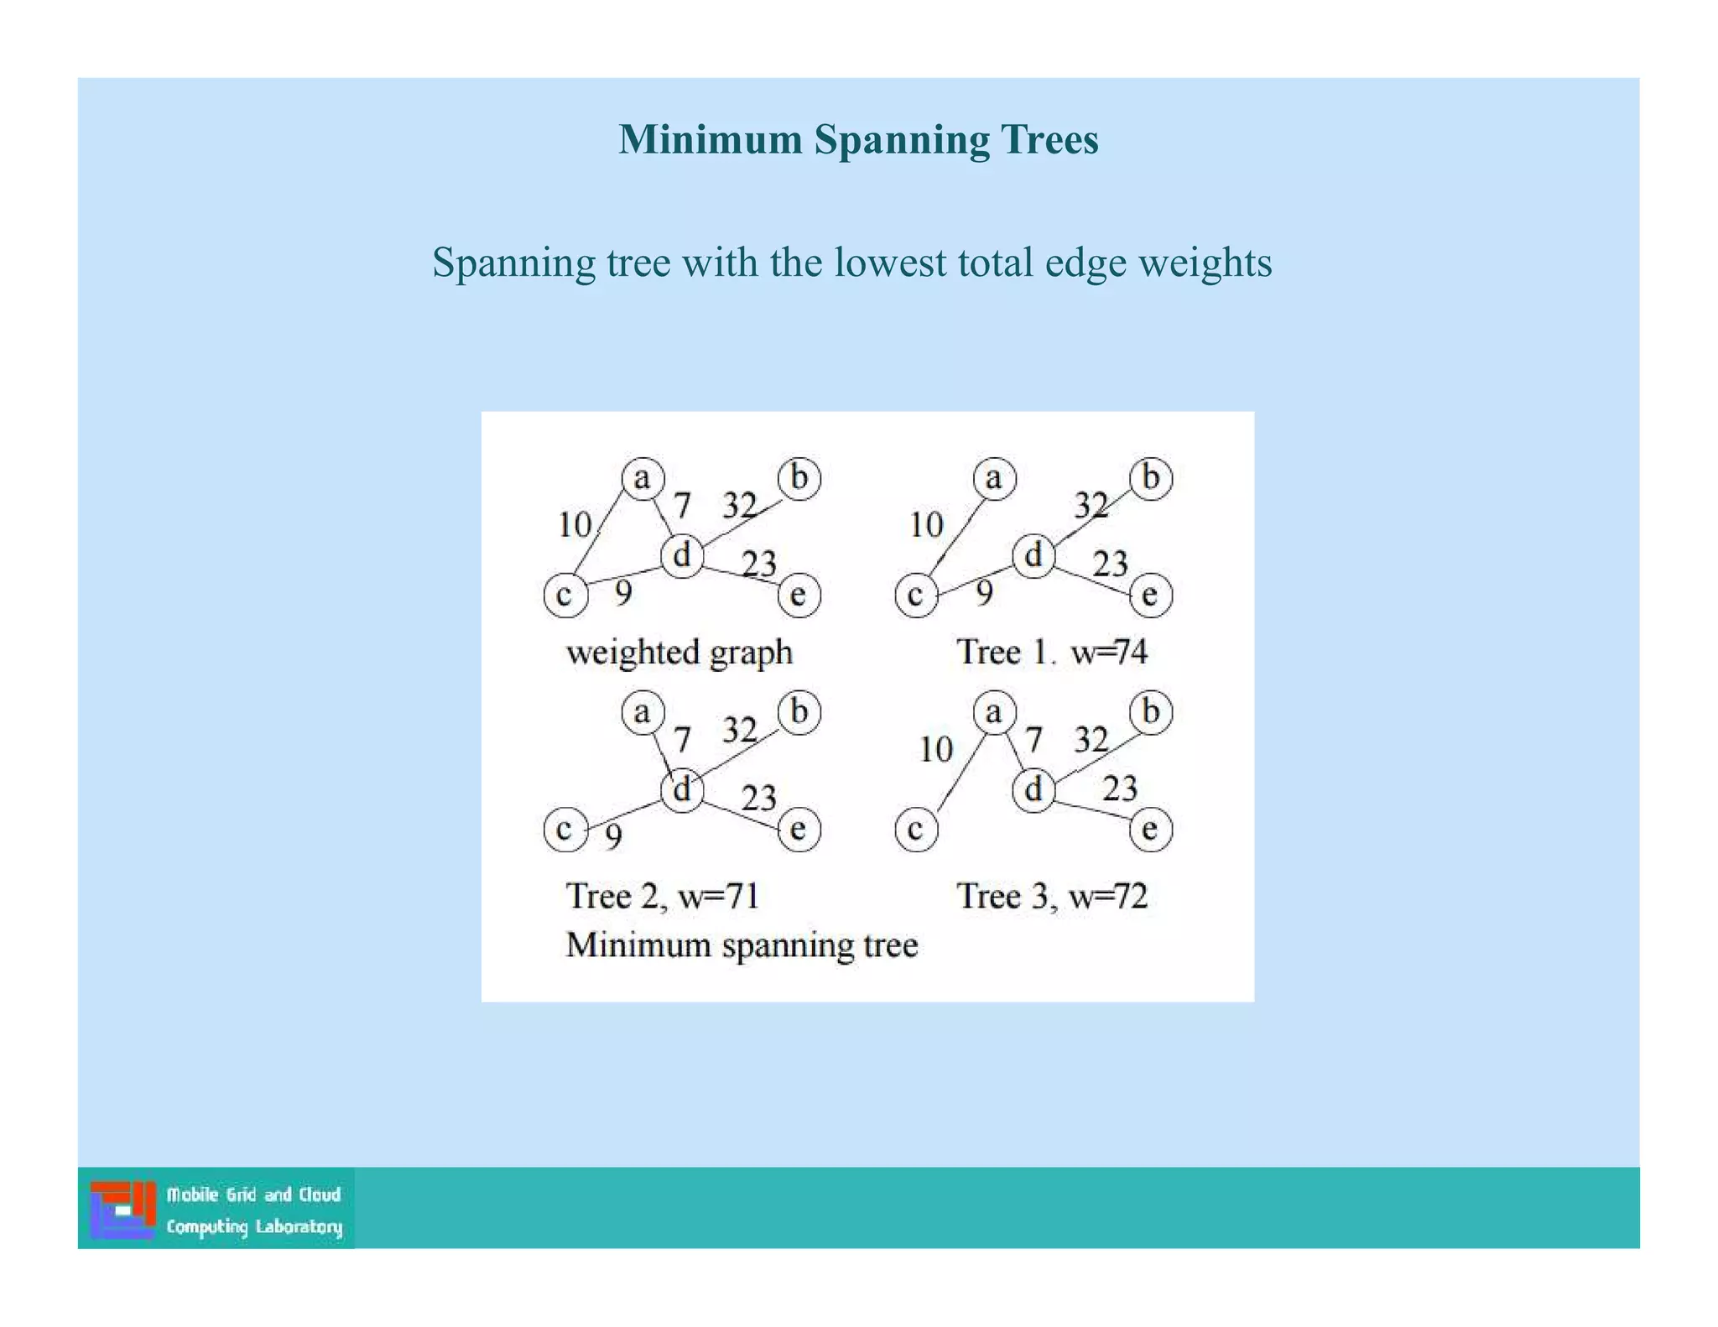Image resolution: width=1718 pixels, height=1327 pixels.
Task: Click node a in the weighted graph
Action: (643, 479)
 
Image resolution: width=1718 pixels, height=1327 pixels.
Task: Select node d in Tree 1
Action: (1033, 555)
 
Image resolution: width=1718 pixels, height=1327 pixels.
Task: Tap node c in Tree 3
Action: (916, 830)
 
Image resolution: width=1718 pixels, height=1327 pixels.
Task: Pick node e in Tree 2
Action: (799, 830)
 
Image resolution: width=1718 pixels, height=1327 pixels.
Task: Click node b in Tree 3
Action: (1151, 712)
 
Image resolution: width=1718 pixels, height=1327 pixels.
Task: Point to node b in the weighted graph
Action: (799, 479)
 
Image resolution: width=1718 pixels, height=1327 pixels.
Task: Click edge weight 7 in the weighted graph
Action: (683, 506)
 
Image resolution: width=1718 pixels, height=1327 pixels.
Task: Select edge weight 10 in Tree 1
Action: (926, 525)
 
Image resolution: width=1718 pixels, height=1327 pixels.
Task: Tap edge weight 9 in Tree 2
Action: (614, 836)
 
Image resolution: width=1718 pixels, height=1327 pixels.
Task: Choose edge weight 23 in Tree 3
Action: (1119, 788)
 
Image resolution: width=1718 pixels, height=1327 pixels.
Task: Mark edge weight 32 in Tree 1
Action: (1091, 505)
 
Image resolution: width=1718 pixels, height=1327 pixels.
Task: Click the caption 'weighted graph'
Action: (679, 653)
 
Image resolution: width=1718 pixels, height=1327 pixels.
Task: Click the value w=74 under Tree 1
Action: (1109, 653)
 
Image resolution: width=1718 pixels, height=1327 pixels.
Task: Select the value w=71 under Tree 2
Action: (719, 897)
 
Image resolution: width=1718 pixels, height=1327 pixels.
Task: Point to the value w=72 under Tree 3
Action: (1108, 897)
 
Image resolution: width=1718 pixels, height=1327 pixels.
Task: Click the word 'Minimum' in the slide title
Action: (711, 139)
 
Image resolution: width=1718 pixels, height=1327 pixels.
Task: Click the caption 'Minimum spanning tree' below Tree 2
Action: (742, 945)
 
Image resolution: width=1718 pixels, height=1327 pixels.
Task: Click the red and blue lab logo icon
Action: (123, 1209)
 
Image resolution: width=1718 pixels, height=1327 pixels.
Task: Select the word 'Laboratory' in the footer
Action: (299, 1227)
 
